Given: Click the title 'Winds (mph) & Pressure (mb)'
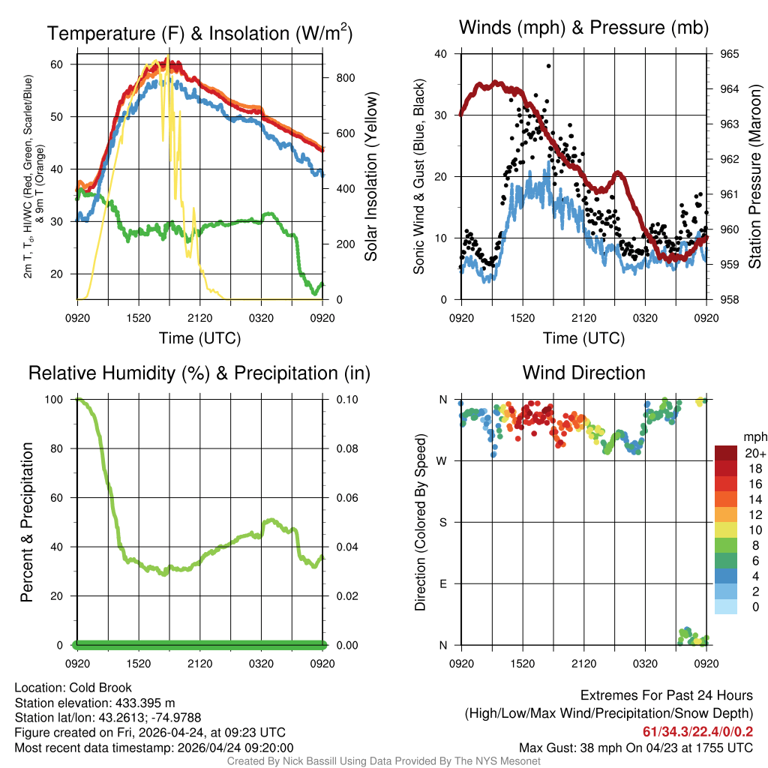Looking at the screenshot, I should [x=583, y=28].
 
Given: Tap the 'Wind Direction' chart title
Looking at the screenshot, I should [x=583, y=373].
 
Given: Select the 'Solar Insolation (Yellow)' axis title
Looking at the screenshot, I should [x=370, y=177].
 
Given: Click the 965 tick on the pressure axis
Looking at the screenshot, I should [x=729, y=54].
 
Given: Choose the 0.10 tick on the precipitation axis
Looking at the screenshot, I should [x=346, y=400].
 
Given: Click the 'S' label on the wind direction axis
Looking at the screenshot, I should [x=444, y=522].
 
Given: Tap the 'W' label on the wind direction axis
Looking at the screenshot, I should [x=443, y=460].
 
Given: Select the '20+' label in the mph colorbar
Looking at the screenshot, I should [x=754, y=453].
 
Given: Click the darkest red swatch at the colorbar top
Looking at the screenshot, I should [x=726, y=453].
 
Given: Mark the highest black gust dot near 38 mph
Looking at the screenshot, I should [x=549, y=66].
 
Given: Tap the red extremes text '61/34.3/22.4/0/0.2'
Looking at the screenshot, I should [x=698, y=732].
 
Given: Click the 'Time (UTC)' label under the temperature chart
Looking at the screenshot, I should [x=199, y=338].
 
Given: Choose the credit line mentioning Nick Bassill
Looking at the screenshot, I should [x=383, y=761].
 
